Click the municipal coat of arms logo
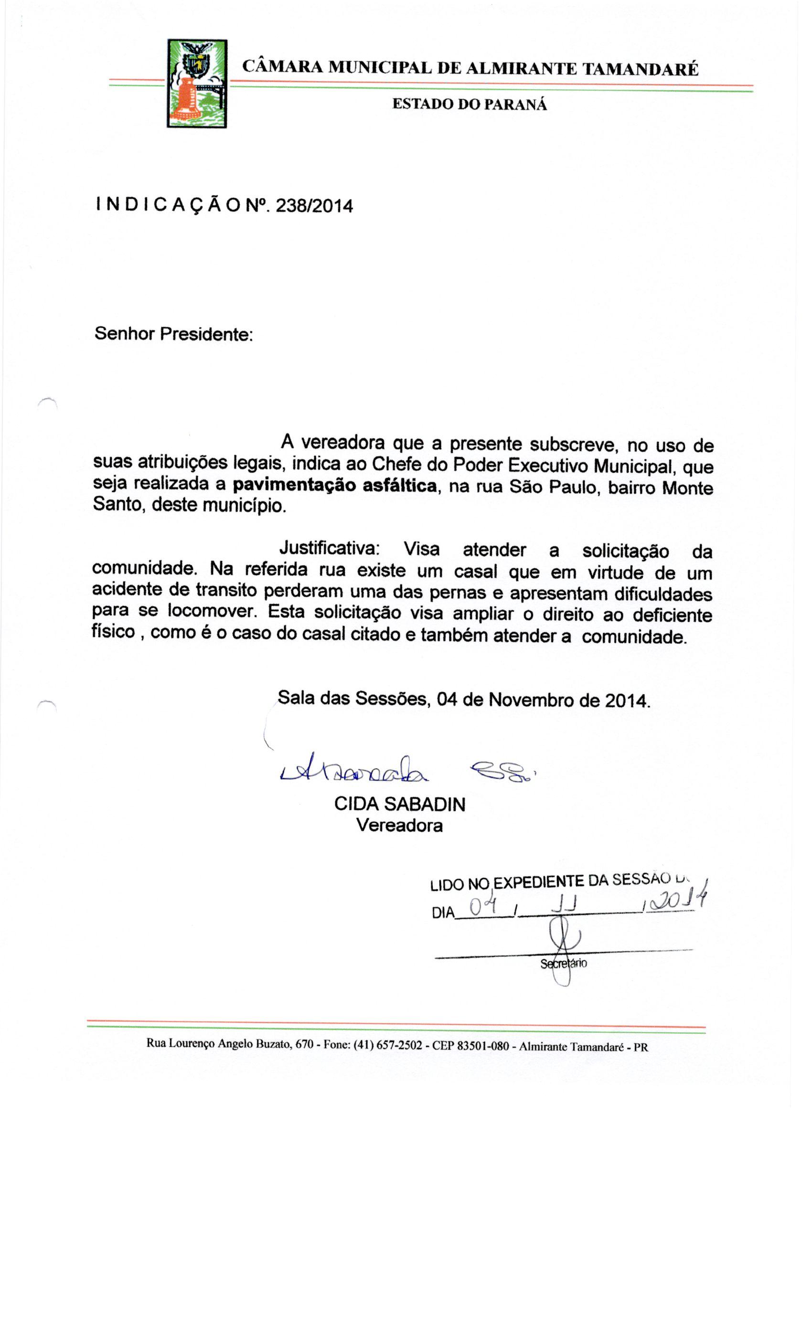tap(196, 84)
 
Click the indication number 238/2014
tap(314, 206)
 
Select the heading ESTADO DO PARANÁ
tap(469, 104)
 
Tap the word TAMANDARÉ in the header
tap(640, 68)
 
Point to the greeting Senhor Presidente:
tap(174, 334)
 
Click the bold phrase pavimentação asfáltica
tap(334, 485)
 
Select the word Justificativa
tap(329, 549)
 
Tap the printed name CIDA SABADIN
tap(399, 804)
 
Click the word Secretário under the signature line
tap(564, 964)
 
